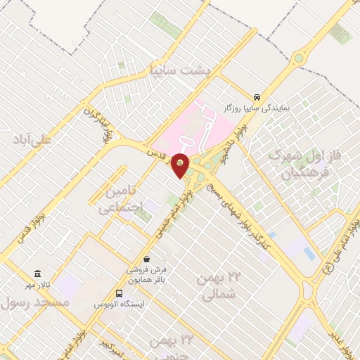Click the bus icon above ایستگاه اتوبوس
(x=119, y=293)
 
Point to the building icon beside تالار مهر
(x=37, y=274)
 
